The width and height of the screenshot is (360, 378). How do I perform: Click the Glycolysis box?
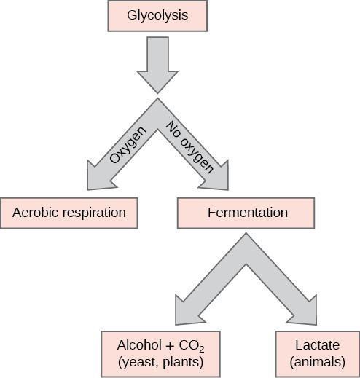[157, 15]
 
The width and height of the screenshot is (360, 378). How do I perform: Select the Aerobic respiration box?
[69, 213]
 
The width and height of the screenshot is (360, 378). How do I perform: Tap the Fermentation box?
[246, 213]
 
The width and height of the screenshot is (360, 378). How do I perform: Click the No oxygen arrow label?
[189, 146]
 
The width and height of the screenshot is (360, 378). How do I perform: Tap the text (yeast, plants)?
[159, 360]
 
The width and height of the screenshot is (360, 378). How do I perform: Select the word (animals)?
[317, 360]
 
